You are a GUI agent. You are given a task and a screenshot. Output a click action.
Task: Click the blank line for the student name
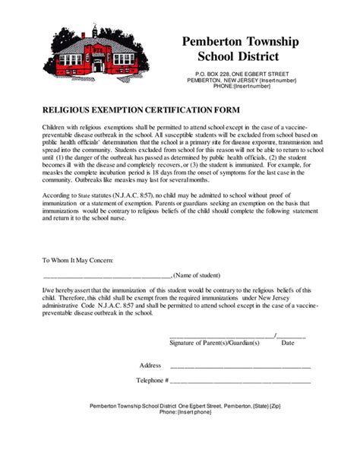107,276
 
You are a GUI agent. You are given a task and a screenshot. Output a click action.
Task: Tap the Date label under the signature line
288,343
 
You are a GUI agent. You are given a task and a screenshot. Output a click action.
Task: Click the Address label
150,366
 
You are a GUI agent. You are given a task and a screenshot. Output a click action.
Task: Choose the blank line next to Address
241,367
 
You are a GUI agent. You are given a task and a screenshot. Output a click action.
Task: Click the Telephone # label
152,379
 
